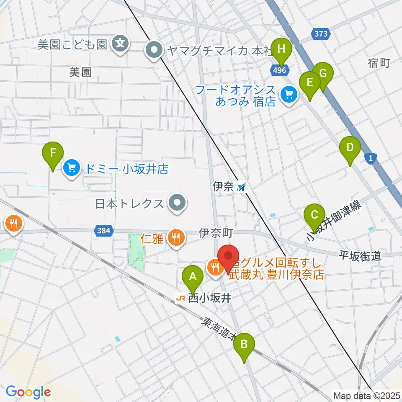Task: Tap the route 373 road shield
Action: click(321, 33)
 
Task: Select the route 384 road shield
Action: click(103, 230)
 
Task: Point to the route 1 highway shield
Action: click(371, 158)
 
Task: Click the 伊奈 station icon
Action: click(242, 187)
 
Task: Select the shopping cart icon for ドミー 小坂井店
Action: click(71, 169)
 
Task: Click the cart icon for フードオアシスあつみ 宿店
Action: click(289, 95)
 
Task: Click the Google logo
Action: click(28, 392)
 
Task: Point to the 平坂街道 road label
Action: click(360, 255)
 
